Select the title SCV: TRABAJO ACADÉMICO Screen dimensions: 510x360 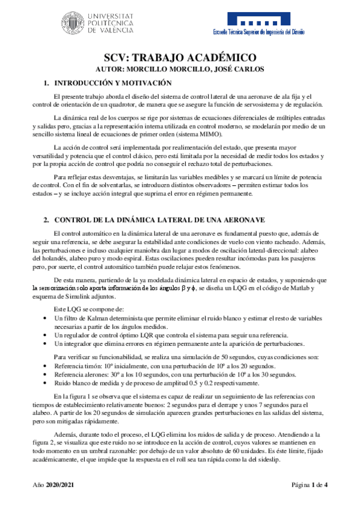(x=180, y=58)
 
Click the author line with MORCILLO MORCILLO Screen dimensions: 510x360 (x=180, y=69)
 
